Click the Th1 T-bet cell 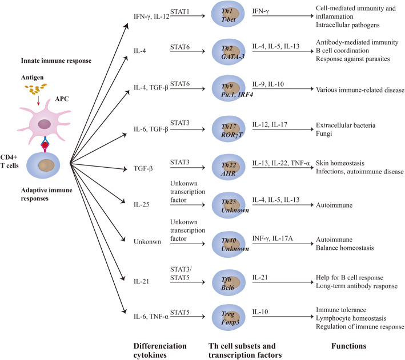click(228, 14)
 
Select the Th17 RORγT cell click(228, 129)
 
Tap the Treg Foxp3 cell click(228, 317)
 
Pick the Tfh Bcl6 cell click(228, 282)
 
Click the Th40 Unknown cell click(228, 244)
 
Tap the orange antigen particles click(35, 88)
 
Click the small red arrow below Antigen click(38, 100)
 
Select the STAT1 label click(180, 11)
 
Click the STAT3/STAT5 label click(181, 273)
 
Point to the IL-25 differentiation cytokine click(142, 205)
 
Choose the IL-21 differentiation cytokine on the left click(142, 281)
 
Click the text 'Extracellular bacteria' click(346, 125)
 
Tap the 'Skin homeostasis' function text click(340, 163)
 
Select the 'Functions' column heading click(348, 346)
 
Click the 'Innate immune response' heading click(57, 60)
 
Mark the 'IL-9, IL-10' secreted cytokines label click(268, 84)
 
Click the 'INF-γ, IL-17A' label click(272, 238)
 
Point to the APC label click(62, 99)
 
